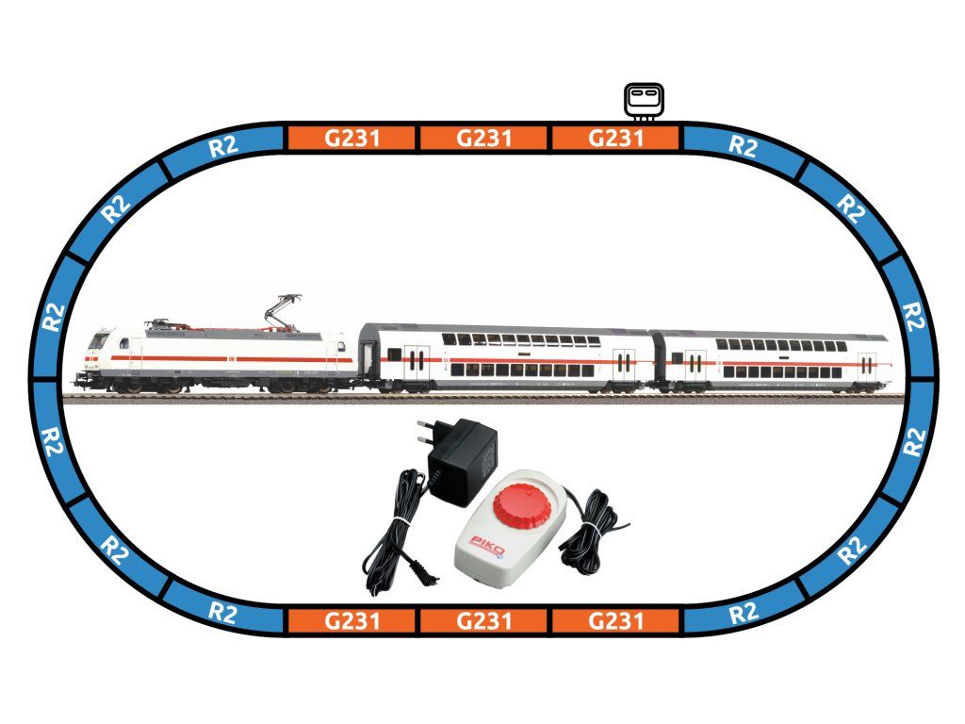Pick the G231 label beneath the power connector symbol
[614, 140]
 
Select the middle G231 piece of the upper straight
[483, 140]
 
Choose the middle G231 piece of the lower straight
[483, 621]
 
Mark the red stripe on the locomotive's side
[226, 358]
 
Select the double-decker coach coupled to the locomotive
[504, 358]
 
